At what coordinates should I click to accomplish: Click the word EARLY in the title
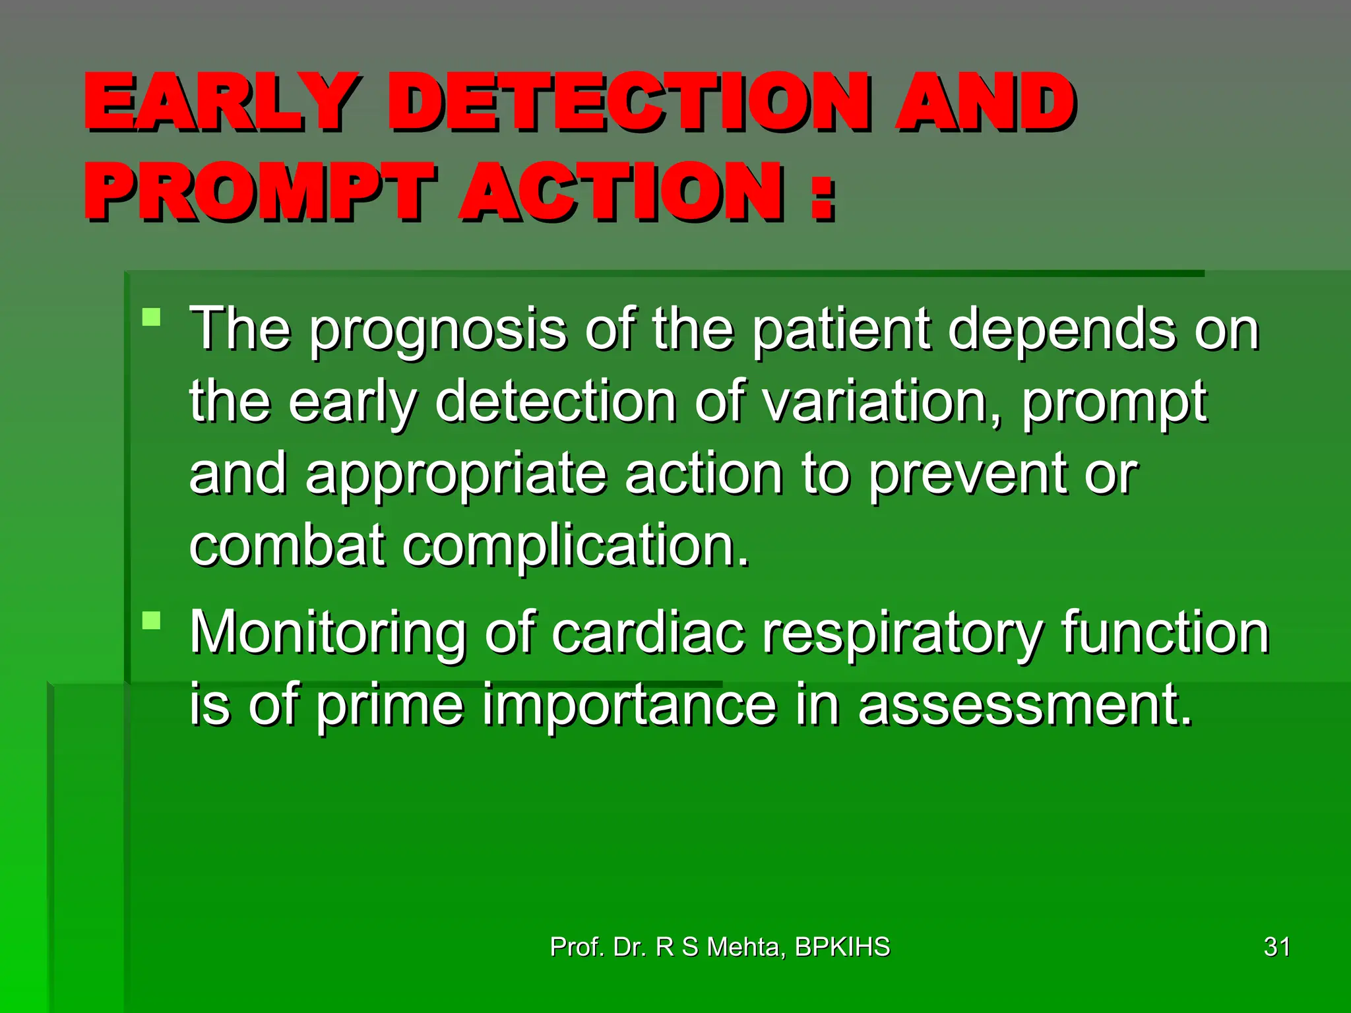click(x=222, y=102)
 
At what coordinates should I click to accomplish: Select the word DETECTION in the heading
click(x=627, y=102)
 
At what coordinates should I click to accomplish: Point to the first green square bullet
click(x=152, y=317)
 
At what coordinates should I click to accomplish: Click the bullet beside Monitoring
click(x=152, y=621)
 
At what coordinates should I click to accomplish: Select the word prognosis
click(x=438, y=330)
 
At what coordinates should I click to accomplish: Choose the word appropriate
click(x=456, y=475)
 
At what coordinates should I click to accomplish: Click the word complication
click(x=575, y=546)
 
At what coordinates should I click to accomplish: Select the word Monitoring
click(x=327, y=633)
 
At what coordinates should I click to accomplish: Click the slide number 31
click(x=1276, y=947)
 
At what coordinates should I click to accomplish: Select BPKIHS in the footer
click(x=842, y=947)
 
